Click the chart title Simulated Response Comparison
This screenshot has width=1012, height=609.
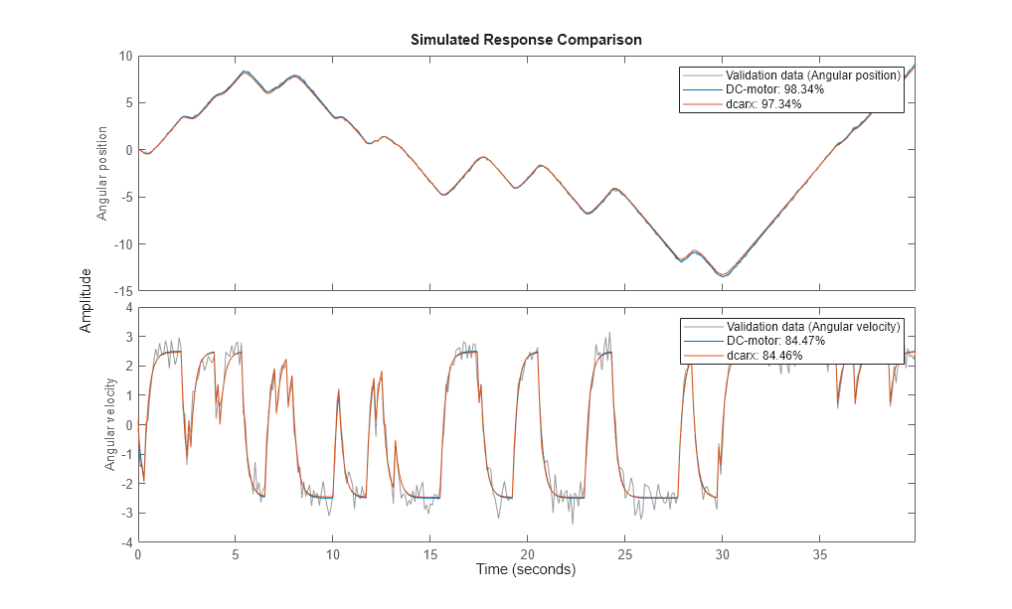click(x=526, y=41)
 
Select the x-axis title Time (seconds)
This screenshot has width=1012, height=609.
click(x=526, y=570)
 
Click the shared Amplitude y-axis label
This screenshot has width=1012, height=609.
click(x=86, y=299)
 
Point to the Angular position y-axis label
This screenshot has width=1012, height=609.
click(x=102, y=173)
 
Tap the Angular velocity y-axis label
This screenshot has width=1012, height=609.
click(x=110, y=425)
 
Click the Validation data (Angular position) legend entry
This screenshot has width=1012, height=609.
click(x=812, y=76)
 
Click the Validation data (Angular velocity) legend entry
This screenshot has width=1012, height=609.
click(x=813, y=327)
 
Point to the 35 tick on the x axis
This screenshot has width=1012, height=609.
click(x=819, y=555)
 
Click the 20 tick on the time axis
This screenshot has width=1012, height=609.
click(x=527, y=555)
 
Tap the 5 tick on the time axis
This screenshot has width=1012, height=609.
click(x=236, y=555)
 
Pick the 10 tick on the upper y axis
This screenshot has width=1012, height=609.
click(x=125, y=56)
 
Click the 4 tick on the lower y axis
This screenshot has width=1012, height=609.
click(x=128, y=308)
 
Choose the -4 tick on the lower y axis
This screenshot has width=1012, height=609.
click(x=125, y=542)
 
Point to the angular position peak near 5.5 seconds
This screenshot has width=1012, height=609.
click(x=245, y=72)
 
